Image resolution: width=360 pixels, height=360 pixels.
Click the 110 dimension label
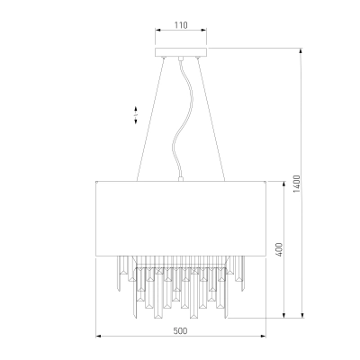181,25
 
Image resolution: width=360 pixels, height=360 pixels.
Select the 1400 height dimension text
296,184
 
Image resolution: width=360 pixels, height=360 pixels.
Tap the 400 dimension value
279,249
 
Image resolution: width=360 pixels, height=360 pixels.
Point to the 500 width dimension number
180,331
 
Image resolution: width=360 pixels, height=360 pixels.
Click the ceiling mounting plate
181,52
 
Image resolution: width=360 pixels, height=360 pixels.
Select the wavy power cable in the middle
182,119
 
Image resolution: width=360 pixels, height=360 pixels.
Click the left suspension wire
150,120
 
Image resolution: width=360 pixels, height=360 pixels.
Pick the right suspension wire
211,120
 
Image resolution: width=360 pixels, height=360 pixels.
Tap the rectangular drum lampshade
181,219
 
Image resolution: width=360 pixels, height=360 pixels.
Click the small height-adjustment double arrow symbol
136,115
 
